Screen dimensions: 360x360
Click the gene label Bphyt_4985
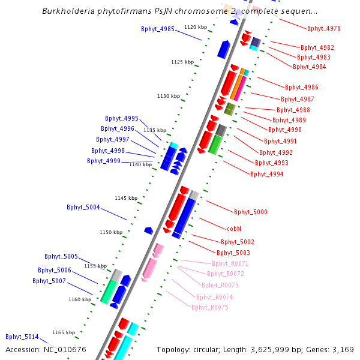(158, 29)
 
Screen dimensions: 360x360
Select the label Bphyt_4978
(324, 28)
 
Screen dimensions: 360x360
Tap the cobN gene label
(234, 229)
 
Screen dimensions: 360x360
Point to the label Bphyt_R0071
(230, 263)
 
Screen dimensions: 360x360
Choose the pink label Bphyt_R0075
(210, 307)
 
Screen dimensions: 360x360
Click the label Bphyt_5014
(22, 337)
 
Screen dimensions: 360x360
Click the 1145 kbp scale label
(126, 198)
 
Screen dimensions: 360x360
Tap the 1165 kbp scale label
(64, 332)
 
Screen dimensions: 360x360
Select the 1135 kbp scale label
(155, 130)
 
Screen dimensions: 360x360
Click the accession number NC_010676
(46, 349)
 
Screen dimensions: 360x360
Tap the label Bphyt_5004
(83, 207)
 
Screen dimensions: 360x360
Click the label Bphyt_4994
(267, 174)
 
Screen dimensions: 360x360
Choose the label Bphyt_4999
(104, 161)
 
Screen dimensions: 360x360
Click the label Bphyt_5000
(251, 212)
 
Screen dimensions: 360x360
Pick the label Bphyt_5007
(49, 281)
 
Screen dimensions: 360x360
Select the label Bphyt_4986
(302, 87)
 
